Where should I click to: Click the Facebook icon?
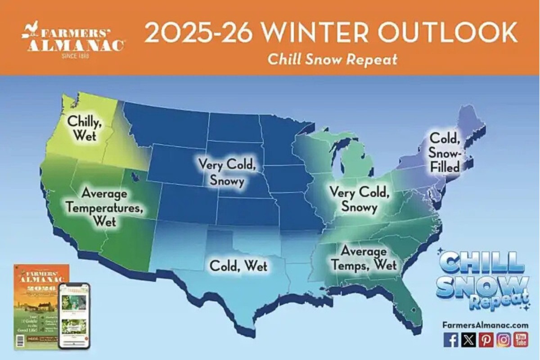tap(450, 339)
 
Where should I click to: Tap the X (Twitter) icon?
tap(468, 339)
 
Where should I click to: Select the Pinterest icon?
tap(486, 339)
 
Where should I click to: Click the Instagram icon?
tap(504, 339)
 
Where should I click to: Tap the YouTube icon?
tap(521, 339)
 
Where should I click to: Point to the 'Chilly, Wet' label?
tap(84, 128)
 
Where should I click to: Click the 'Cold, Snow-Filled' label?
tap(445, 152)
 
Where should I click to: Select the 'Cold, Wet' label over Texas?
tap(238, 265)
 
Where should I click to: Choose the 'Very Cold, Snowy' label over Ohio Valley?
tap(359, 199)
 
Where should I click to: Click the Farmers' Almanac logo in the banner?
tap(73, 41)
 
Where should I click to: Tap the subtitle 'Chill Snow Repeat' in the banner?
tap(333, 59)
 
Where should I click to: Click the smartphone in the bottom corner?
tap(75, 315)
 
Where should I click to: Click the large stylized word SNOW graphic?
tap(482, 285)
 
